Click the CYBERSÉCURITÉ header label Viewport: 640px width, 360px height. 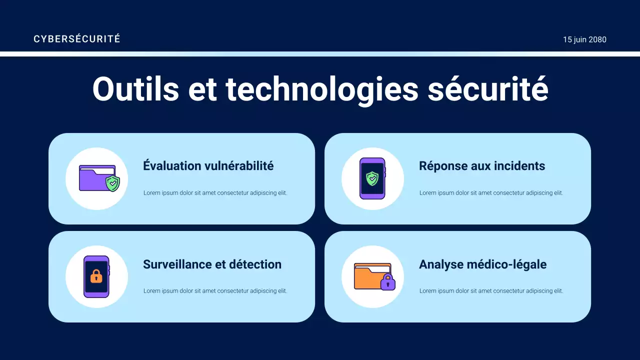(x=77, y=39)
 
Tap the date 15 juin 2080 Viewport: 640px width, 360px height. (x=584, y=39)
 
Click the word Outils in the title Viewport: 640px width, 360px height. (x=135, y=89)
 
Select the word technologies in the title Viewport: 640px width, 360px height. (x=321, y=89)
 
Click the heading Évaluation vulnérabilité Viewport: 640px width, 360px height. (x=208, y=166)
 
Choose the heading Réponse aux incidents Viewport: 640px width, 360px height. (x=482, y=166)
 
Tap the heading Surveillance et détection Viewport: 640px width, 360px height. (x=212, y=264)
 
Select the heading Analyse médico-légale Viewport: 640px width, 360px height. (x=482, y=264)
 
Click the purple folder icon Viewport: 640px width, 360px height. (x=94, y=178)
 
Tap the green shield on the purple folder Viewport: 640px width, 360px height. (x=113, y=183)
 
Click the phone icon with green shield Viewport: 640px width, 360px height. (x=372, y=178)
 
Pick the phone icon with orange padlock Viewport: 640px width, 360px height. (x=96, y=276)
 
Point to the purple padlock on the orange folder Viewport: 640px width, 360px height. (x=387, y=282)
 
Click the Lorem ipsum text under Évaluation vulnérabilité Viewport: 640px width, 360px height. (x=215, y=193)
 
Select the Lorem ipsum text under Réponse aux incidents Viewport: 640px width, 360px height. (x=491, y=193)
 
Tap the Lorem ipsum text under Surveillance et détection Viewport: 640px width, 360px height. (x=215, y=291)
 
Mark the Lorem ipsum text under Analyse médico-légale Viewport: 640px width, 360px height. (x=491, y=291)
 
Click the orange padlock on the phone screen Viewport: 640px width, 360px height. (x=96, y=276)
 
